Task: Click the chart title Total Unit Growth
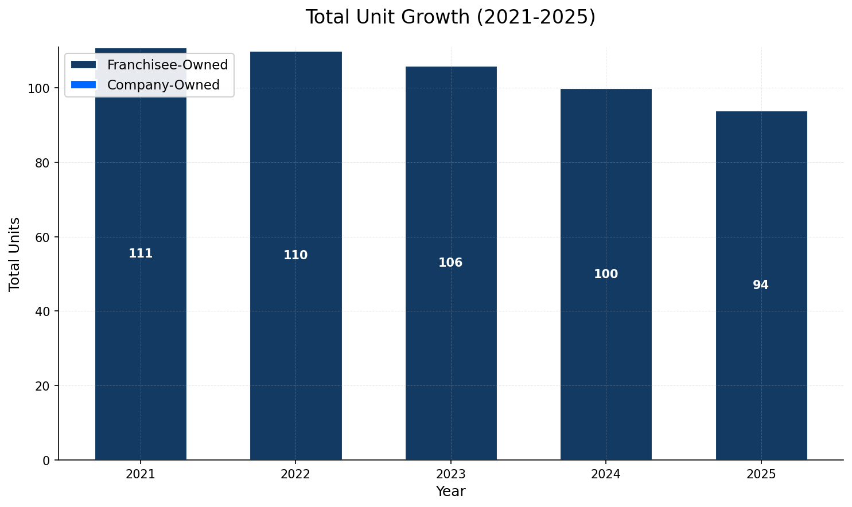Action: (450, 17)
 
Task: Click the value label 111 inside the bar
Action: (141, 253)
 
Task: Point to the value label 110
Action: (295, 255)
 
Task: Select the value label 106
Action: (450, 263)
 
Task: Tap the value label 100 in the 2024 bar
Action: (606, 274)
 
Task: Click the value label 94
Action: (761, 285)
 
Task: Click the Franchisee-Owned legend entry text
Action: (168, 65)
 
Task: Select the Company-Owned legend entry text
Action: (164, 85)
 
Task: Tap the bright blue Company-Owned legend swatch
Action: (84, 85)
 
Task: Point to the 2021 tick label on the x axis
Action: (141, 474)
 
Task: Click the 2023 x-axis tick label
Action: (450, 474)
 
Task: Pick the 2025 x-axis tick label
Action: (761, 474)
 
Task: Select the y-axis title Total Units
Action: (15, 253)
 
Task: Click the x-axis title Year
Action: (450, 492)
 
